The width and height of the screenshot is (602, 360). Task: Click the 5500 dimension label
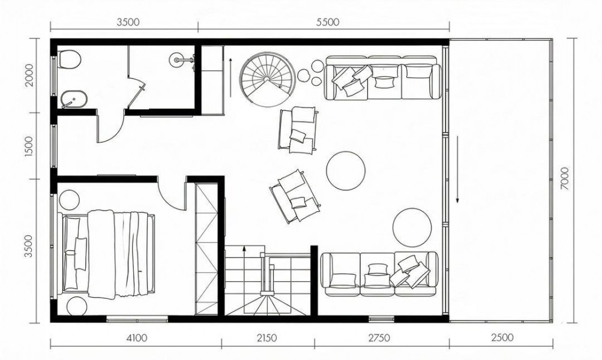coord(328,22)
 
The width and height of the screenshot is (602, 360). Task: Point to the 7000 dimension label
coord(564,178)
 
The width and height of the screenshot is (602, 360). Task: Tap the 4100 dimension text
coord(136,338)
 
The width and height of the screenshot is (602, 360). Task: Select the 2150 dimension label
coord(266,338)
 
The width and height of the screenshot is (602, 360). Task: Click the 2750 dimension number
coord(379,338)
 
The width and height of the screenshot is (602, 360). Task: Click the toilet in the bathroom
coord(69,59)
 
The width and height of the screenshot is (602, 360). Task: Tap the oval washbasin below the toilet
coord(73,100)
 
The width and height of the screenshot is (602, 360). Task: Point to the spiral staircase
coord(267,78)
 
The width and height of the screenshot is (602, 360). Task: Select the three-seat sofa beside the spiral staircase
coord(383,77)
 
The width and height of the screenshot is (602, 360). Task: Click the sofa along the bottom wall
coord(379,274)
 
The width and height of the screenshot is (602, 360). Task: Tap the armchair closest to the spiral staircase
coord(298,130)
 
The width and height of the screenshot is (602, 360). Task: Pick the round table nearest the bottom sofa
coord(412,227)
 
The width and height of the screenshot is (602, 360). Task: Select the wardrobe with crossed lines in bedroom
coord(206,248)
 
